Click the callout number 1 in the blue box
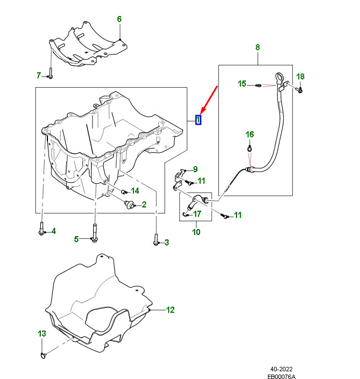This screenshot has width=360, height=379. [198, 120]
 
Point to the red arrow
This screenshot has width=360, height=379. [209, 100]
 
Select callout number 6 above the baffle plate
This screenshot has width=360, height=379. [119, 19]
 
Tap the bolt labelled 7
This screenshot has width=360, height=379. [51, 73]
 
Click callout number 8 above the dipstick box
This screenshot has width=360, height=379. [257, 47]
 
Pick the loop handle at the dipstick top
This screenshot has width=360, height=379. [279, 78]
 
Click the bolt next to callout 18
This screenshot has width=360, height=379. [299, 90]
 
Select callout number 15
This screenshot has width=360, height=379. [242, 84]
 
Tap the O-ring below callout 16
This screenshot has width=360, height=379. [250, 148]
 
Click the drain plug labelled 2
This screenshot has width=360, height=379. [129, 204]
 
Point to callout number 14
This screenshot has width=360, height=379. [135, 191]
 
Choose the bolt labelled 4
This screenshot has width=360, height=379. [41, 228]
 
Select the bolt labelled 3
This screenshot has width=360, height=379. [156, 240]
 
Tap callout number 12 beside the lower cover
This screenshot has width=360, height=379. [170, 310]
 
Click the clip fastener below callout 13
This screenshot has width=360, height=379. [43, 355]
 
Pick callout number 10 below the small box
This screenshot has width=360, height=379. [196, 232]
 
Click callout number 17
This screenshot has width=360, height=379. [197, 213]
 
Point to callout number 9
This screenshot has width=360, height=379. [195, 169]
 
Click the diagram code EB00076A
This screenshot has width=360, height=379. [282, 376]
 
